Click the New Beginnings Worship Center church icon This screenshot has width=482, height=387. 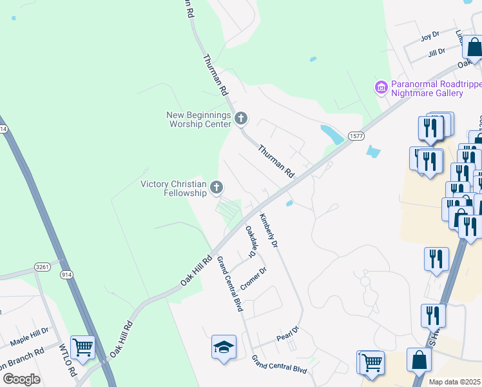point(241,118)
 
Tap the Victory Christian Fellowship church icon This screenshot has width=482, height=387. point(217,188)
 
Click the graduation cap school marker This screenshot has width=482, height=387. point(224,347)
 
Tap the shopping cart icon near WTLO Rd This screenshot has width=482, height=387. point(82,347)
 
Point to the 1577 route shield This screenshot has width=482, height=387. point(356,135)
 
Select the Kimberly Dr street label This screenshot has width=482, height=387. point(269,230)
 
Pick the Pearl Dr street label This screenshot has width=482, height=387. point(288,333)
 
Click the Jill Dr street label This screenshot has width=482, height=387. point(436,52)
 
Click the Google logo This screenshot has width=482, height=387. point(21,379)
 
